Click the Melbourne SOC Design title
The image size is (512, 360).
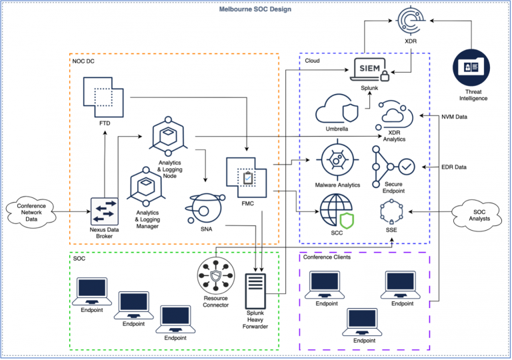(255, 9)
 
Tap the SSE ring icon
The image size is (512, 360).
(392, 212)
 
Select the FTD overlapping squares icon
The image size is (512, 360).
(105, 98)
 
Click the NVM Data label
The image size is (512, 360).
(455, 117)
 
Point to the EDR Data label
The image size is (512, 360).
(454, 167)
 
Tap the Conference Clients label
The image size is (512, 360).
(327, 257)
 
